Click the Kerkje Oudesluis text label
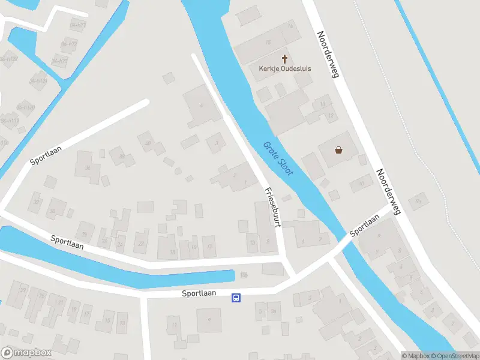(284, 68)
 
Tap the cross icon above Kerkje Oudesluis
(284, 59)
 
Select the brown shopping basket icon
(339, 150)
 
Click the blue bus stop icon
(236, 298)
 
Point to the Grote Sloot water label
(278, 158)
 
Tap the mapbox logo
(26, 352)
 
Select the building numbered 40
(148, 143)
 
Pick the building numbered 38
(122, 157)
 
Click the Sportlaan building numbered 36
(88, 168)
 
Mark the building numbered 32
(37, 202)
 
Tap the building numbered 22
(141, 244)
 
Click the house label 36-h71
(77, 25)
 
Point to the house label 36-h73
(60, 60)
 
